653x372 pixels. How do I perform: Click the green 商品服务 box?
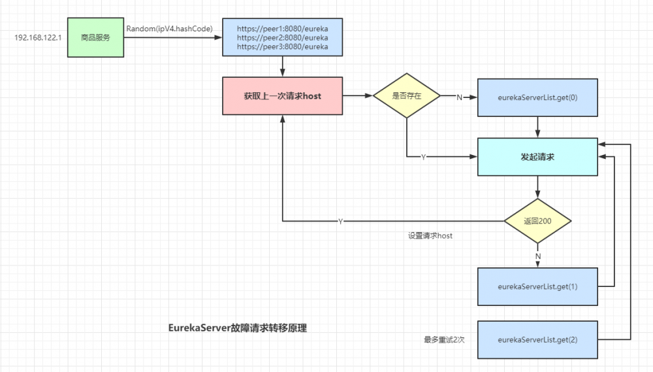(x=95, y=37)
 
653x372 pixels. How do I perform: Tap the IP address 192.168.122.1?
(x=38, y=38)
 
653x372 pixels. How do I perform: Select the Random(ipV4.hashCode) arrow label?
(x=170, y=28)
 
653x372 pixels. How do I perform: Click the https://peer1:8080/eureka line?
(x=282, y=29)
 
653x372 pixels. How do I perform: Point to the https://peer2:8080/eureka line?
(x=282, y=38)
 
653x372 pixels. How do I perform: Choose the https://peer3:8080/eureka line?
(x=282, y=47)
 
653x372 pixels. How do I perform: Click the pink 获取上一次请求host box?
(x=282, y=96)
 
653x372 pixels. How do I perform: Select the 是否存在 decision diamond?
(x=406, y=96)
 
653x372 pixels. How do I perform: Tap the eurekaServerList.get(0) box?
(x=537, y=97)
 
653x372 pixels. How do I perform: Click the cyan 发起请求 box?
(x=537, y=157)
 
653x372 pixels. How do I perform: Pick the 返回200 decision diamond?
(x=537, y=222)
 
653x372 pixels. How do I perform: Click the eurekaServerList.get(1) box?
(x=537, y=286)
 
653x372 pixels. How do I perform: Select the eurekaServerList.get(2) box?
(x=537, y=340)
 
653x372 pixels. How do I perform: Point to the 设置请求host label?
(x=430, y=236)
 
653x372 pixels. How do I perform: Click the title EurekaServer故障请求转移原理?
(x=237, y=328)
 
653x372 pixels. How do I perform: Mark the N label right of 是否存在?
(x=459, y=97)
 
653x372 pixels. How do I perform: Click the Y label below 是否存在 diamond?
(x=423, y=157)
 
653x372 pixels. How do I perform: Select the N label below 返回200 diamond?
(x=537, y=256)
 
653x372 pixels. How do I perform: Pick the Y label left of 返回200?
(x=340, y=222)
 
